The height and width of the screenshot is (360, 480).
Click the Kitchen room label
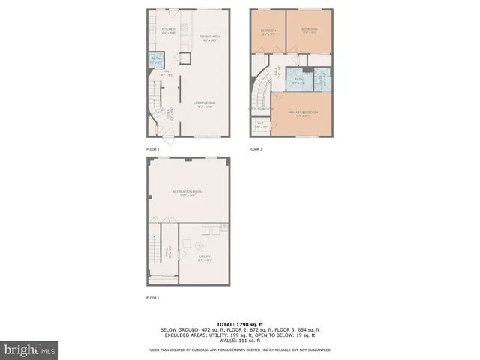pos(168,31)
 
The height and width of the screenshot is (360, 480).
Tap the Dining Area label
pos(209,39)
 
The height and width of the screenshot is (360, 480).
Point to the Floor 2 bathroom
pos(156,59)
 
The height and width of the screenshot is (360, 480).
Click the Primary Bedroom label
pos(303,114)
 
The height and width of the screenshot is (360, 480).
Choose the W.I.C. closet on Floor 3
pos(262,126)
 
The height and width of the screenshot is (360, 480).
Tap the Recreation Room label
pos(187,193)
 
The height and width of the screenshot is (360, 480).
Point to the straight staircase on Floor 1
pos(154,251)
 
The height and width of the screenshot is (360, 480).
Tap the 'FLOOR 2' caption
pos(153,149)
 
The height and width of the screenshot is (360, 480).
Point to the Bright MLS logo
pos(30,349)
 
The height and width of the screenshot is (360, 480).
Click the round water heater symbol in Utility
pos(199,246)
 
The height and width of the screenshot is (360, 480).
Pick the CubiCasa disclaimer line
pos(239,349)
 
